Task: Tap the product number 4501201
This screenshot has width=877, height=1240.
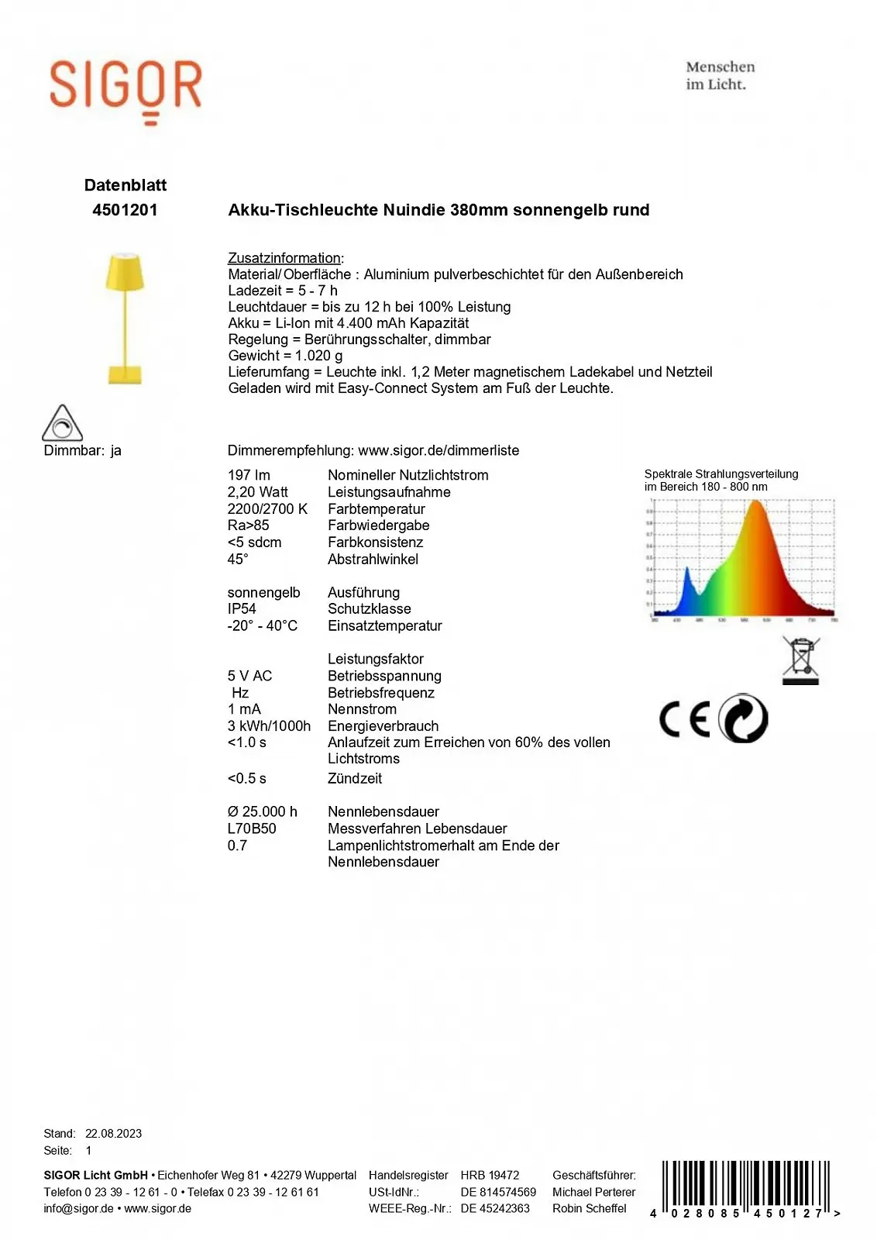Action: tap(125, 210)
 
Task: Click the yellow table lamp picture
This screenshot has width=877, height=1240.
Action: tap(125, 318)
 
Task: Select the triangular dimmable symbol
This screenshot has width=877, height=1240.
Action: tap(62, 423)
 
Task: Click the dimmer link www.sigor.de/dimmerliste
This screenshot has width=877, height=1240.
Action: tap(438, 450)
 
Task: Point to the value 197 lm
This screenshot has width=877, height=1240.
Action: tap(249, 475)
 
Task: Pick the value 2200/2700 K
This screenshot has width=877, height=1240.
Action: tap(267, 509)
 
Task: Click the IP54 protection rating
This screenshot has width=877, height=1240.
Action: tap(242, 609)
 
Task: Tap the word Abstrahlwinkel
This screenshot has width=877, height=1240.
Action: tap(373, 560)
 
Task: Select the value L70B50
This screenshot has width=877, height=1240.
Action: tap(252, 828)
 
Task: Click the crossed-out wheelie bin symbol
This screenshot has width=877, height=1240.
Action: tap(801, 660)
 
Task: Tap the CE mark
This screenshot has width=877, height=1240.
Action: tap(684, 720)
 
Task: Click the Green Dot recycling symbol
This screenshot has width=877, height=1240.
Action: tap(743, 718)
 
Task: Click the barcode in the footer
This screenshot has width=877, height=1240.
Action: tap(745, 1187)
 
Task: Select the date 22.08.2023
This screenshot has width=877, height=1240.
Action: tap(113, 1133)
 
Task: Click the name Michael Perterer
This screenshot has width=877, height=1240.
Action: tap(593, 1192)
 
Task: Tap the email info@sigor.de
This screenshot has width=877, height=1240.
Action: tap(78, 1208)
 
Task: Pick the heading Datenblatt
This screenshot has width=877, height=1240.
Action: tap(126, 185)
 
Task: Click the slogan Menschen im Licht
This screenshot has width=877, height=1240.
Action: tap(720, 76)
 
